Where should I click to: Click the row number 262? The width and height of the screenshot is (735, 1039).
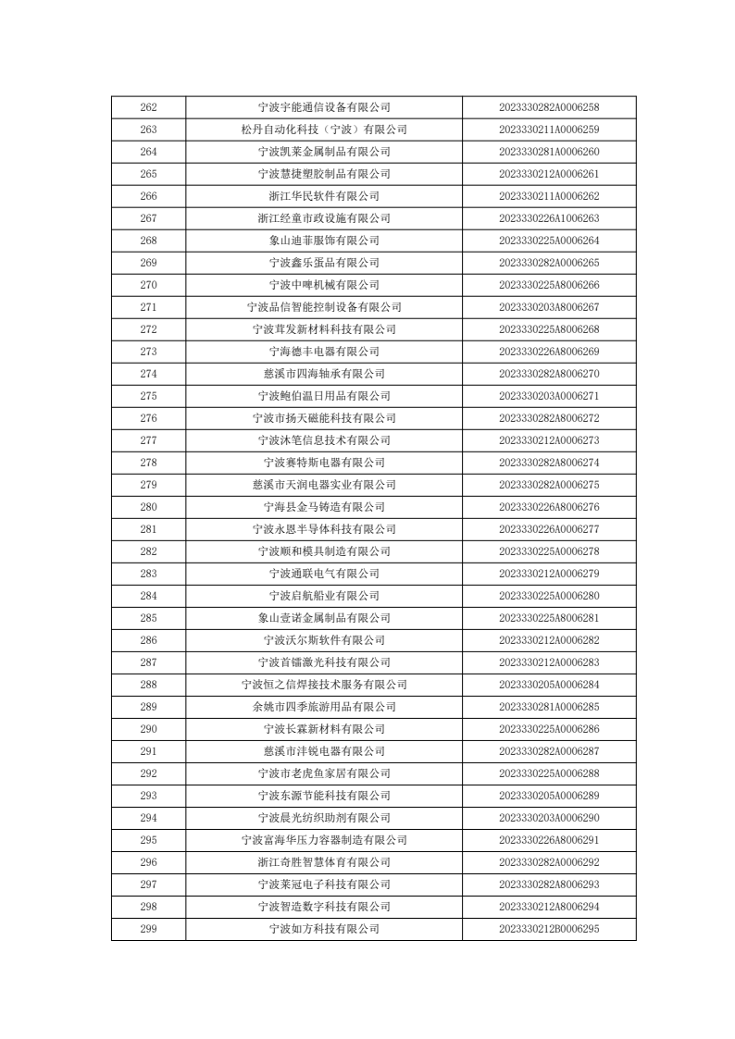pyautogui.click(x=148, y=107)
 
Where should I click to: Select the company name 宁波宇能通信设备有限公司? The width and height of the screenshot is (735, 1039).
pyautogui.click(x=324, y=107)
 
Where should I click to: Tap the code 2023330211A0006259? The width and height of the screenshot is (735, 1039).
pyautogui.click(x=549, y=130)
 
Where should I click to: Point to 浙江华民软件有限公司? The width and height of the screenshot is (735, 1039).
pyautogui.click(x=324, y=196)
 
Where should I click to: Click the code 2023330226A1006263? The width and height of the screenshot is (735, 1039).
pyautogui.click(x=549, y=218)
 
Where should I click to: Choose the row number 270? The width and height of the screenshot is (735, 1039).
pyautogui.click(x=148, y=285)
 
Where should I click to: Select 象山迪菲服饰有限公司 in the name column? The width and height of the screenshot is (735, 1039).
pyautogui.click(x=324, y=241)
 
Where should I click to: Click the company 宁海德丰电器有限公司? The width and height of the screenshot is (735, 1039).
pyautogui.click(x=324, y=352)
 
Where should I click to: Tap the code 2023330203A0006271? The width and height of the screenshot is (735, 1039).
pyautogui.click(x=549, y=396)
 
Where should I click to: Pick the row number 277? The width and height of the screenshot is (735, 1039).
pyautogui.click(x=148, y=440)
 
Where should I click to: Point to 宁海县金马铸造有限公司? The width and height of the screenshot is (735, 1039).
pyautogui.click(x=324, y=507)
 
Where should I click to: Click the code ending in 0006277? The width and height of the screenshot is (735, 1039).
pyautogui.click(x=549, y=529)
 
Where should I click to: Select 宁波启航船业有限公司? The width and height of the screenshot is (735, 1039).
pyautogui.click(x=324, y=596)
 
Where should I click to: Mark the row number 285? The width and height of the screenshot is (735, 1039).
pyautogui.click(x=148, y=618)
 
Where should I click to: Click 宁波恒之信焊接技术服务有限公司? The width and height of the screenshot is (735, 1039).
pyautogui.click(x=324, y=685)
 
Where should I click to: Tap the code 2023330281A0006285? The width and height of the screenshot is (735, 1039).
pyautogui.click(x=549, y=707)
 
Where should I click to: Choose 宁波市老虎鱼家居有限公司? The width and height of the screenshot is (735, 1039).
pyautogui.click(x=324, y=773)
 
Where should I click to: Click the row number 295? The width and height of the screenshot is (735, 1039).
pyautogui.click(x=148, y=840)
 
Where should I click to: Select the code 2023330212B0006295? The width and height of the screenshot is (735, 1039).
pyautogui.click(x=549, y=929)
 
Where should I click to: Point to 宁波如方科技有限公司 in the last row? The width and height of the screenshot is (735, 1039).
pyautogui.click(x=324, y=929)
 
